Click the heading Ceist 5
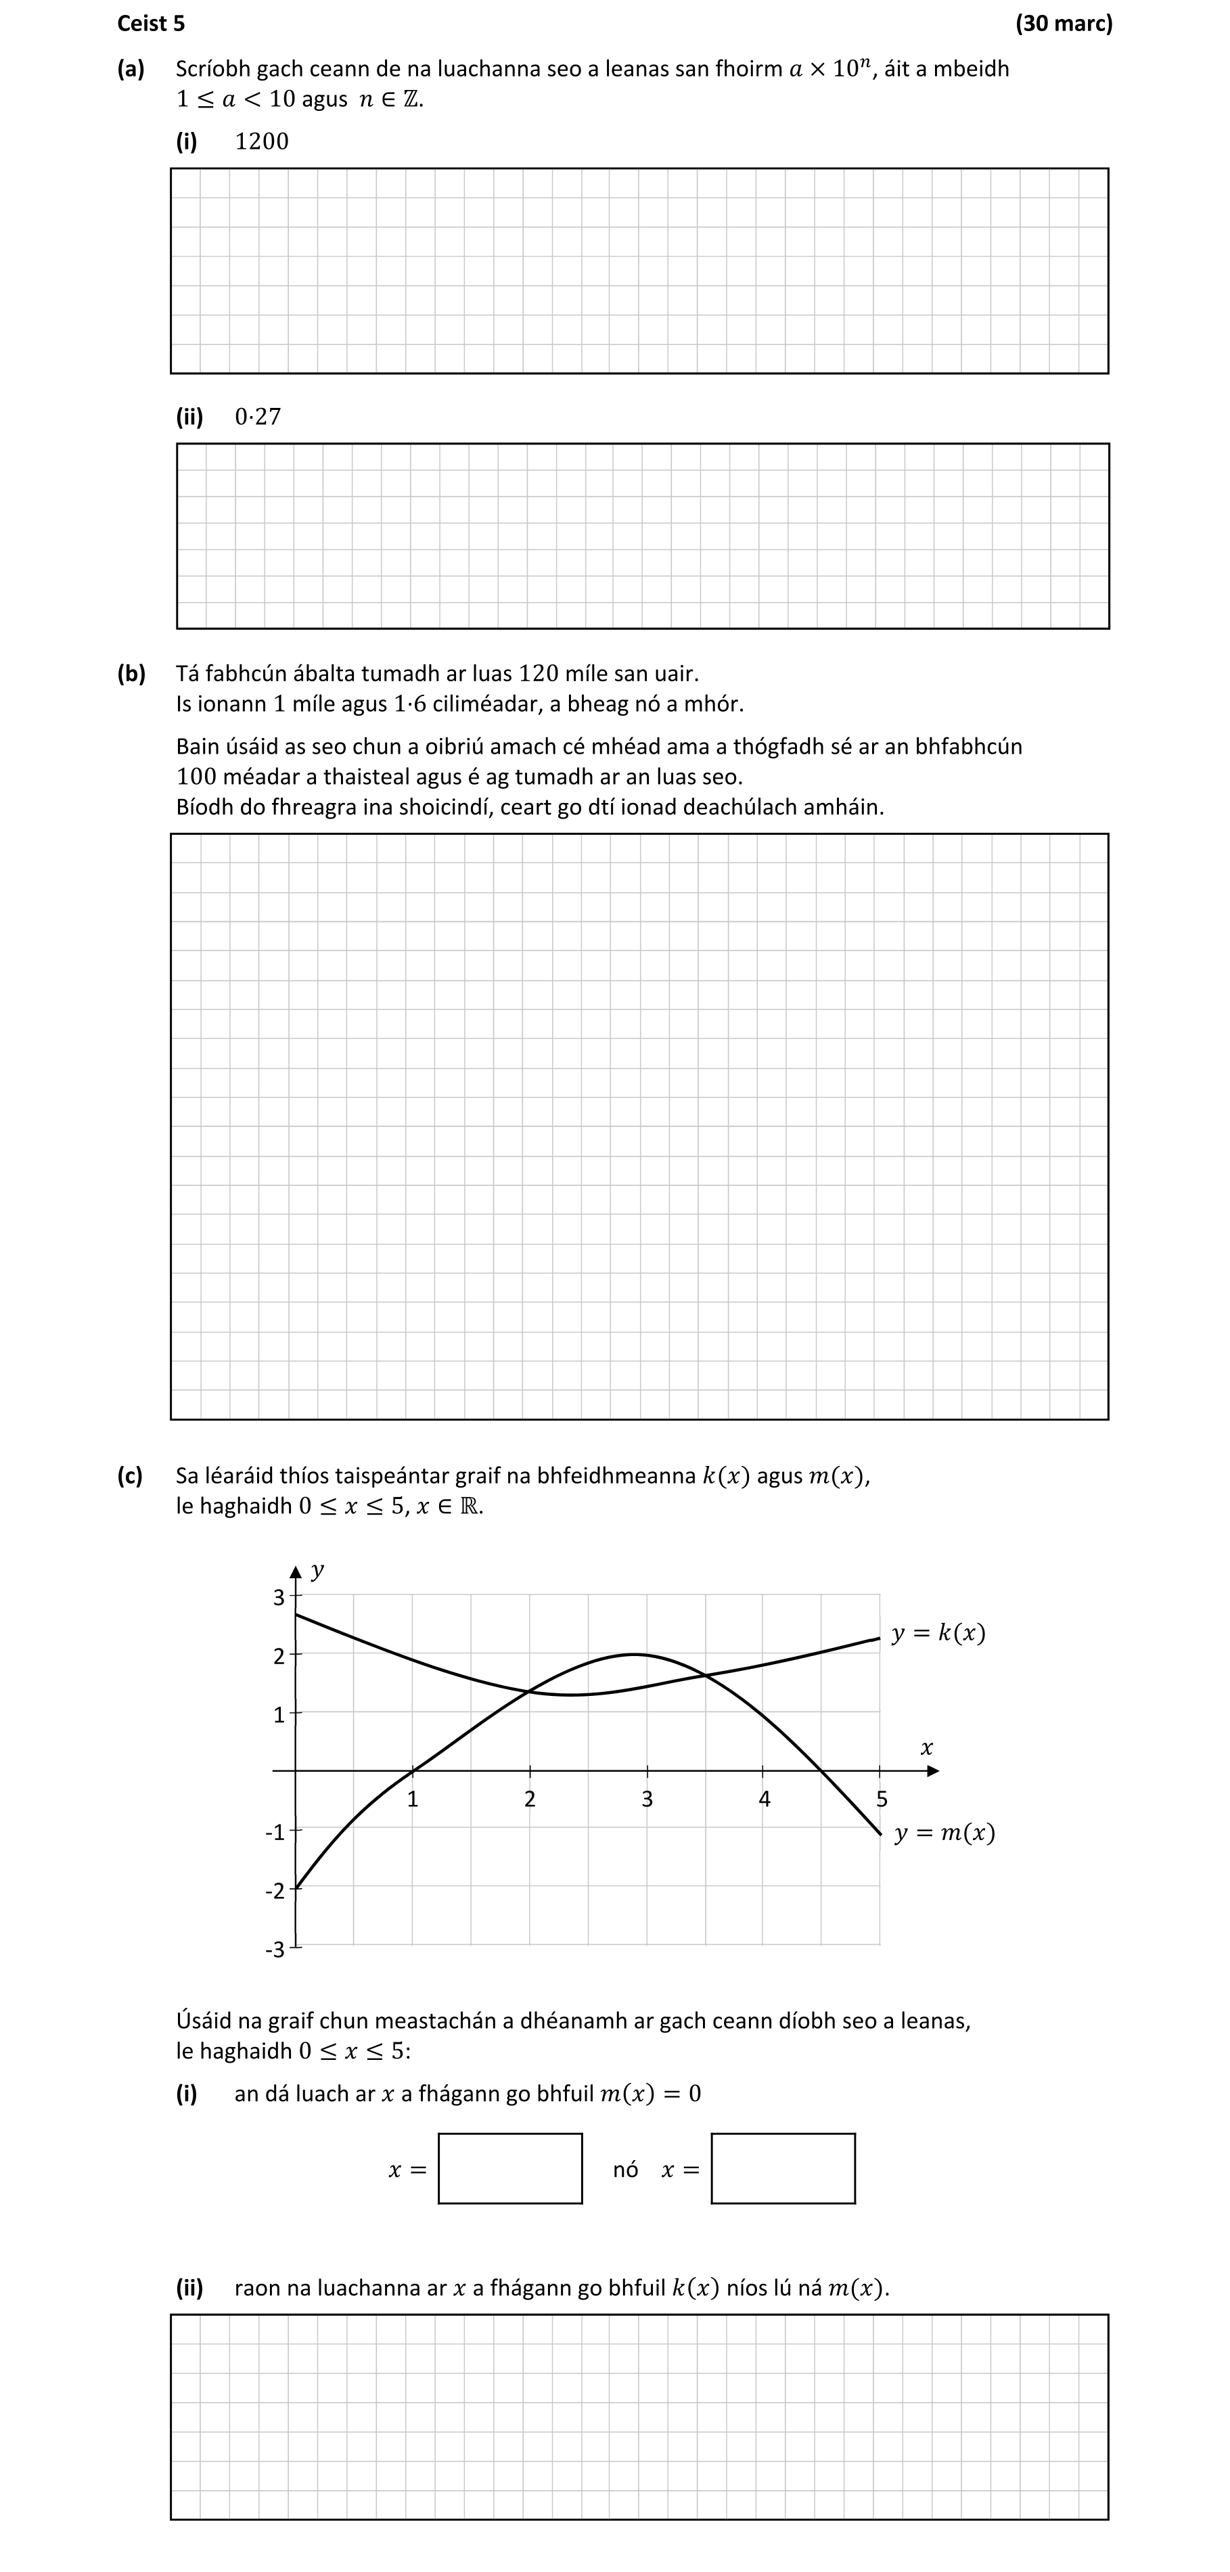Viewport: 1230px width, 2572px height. coord(151,23)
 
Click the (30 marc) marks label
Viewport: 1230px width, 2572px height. coord(1064,23)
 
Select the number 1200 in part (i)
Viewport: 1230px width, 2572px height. coord(262,142)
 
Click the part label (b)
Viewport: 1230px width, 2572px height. coord(131,673)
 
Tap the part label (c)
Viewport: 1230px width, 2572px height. coord(130,1475)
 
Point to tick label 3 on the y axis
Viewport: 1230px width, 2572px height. coord(279,1597)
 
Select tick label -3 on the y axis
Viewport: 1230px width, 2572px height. coord(275,1949)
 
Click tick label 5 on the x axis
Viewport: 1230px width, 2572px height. coord(882,1799)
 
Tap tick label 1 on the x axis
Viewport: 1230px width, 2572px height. coord(412,1799)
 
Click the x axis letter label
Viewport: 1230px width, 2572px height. coord(926,1747)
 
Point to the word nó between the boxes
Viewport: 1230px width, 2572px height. coord(625,2169)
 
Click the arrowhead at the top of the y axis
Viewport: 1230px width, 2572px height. coord(296,1571)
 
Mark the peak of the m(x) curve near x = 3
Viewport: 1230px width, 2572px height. coord(635,1655)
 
